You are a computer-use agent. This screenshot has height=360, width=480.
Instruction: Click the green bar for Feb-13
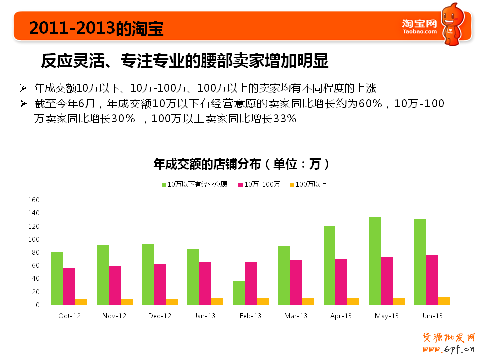(239, 293)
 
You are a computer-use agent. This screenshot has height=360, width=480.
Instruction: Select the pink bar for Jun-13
(432, 280)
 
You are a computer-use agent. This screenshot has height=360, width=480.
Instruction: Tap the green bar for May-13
(375, 261)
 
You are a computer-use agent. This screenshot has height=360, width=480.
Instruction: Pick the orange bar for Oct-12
(81, 302)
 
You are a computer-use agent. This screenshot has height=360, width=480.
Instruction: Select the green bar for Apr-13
(329, 265)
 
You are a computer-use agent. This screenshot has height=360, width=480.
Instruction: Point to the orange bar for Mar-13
(308, 301)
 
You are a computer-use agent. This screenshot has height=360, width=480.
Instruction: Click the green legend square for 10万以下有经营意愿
(164, 185)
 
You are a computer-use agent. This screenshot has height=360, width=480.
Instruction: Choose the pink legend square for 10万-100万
(240, 185)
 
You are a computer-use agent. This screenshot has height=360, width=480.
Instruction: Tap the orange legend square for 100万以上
(292, 185)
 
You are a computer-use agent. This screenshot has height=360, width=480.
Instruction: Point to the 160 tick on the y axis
(34, 200)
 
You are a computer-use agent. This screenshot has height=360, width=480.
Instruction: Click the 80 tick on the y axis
(35, 252)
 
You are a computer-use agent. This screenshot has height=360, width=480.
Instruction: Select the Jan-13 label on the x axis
(205, 316)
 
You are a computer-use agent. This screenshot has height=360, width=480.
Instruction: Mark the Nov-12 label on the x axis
(114, 316)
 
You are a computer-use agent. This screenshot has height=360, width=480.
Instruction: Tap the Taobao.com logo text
(419, 31)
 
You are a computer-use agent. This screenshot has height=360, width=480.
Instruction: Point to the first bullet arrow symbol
(23, 88)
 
